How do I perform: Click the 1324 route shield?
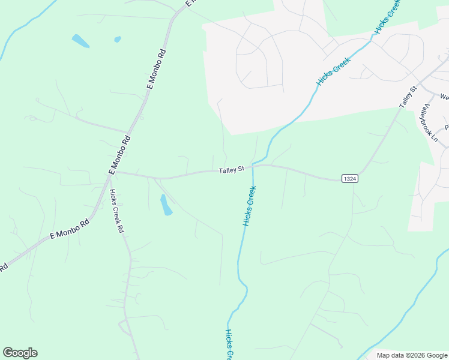point(350,179)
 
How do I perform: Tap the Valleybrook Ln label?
point(430,123)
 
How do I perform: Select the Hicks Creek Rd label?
point(116,211)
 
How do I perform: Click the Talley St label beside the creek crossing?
point(231,171)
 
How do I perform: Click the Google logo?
point(20,353)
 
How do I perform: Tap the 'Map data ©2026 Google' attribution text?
point(412,355)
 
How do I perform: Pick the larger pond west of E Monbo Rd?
point(80,41)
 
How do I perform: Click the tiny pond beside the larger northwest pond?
point(117,40)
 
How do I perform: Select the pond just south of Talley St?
point(166,205)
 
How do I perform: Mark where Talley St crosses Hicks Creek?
point(253,167)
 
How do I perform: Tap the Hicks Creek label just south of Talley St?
point(249,206)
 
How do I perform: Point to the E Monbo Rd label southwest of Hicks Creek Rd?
point(69,229)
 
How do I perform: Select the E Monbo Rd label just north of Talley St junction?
point(120,154)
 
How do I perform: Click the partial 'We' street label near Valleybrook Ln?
point(444,97)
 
